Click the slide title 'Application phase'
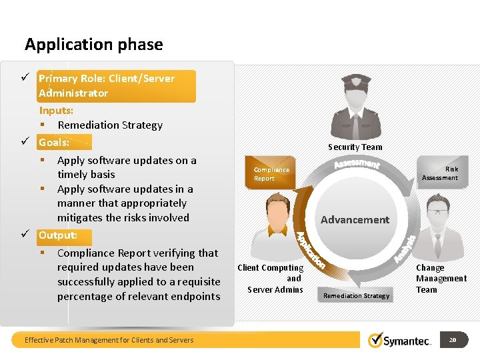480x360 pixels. click(93, 45)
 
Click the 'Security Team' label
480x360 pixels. click(355, 147)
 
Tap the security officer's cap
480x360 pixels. click(355, 81)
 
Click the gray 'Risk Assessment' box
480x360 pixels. click(440, 173)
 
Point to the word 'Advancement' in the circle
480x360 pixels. click(355, 219)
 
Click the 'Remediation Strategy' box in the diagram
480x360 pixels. click(356, 295)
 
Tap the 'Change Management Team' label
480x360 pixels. click(441, 279)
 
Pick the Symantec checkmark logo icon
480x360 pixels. click(377, 340)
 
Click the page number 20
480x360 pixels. click(453, 340)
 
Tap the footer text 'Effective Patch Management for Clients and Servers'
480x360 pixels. click(109, 340)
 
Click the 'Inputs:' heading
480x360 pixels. click(56, 111)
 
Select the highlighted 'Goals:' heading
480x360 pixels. click(54, 142)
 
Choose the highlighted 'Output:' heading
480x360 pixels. click(58, 235)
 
